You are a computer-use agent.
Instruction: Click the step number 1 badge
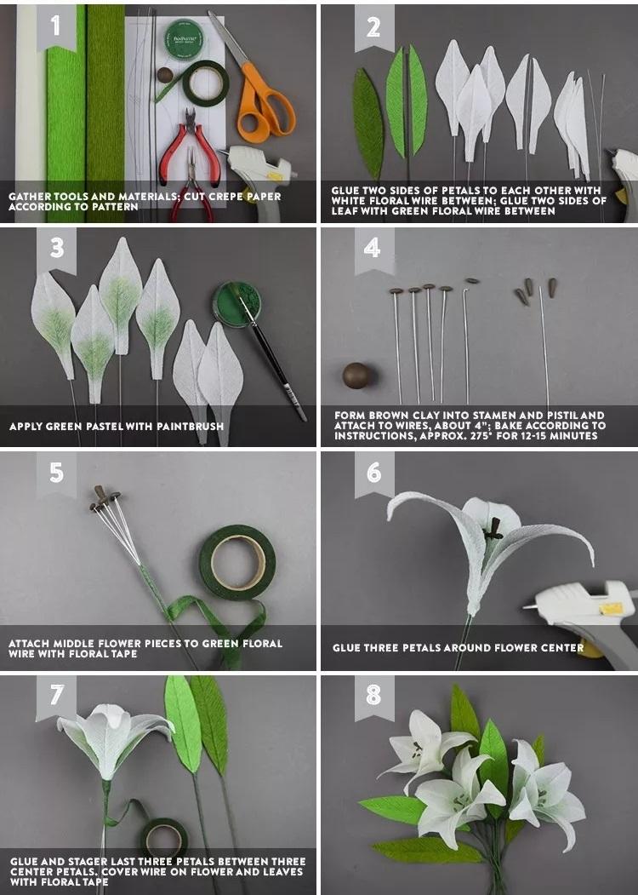(56, 26)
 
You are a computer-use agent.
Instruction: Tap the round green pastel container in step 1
(183, 39)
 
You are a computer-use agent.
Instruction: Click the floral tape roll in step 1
(205, 83)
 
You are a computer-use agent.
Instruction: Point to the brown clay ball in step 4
(357, 376)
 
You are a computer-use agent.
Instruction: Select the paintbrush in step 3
(273, 357)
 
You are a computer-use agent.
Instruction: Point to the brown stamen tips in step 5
(102, 497)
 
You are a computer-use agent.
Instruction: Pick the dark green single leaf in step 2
(367, 123)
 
